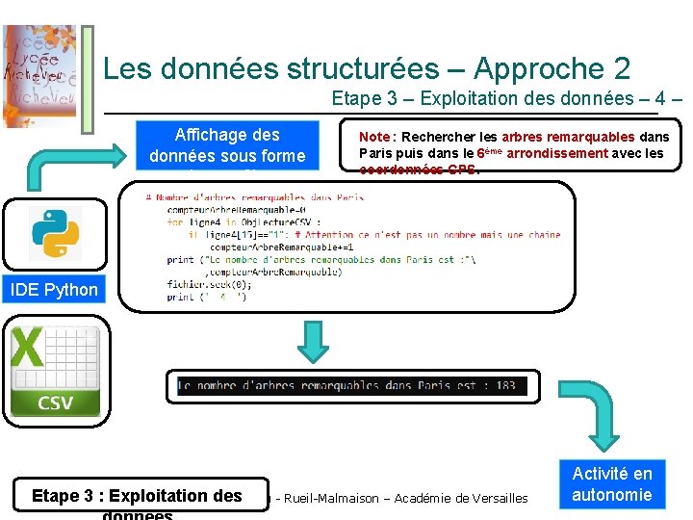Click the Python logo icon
[x=55, y=232]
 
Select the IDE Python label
[x=55, y=290]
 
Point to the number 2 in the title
[x=621, y=68]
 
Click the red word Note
[x=373, y=137]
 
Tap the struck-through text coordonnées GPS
[x=419, y=169]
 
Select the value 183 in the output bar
[x=506, y=385]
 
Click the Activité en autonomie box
[x=612, y=484]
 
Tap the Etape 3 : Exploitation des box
[x=137, y=495]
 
